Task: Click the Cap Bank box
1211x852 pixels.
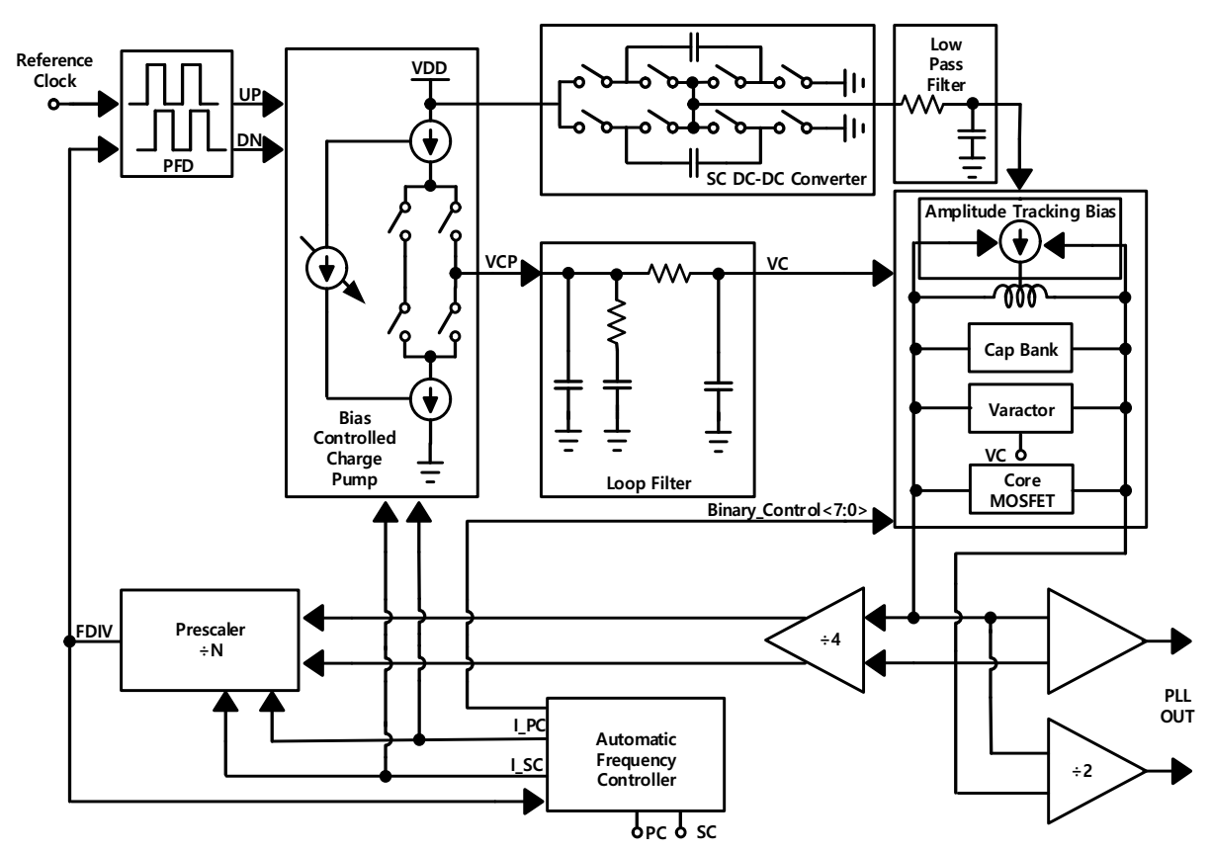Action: coord(1020,349)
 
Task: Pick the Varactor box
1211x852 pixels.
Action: coord(1020,406)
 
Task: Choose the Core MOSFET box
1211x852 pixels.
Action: coord(1020,489)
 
